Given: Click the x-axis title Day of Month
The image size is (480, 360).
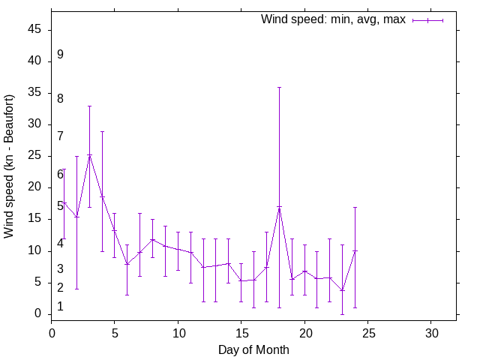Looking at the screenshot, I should [x=253, y=349].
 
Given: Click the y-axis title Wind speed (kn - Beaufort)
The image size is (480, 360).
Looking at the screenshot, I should [x=10, y=166].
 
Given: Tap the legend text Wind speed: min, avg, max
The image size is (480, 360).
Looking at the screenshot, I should [x=333, y=19].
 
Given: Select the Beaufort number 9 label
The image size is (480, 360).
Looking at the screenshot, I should [x=60, y=55].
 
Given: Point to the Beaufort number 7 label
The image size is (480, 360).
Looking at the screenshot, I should [x=60, y=136].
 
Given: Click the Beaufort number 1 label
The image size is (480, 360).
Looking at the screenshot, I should [x=60, y=307].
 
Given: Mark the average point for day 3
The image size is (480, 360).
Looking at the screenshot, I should [x=89, y=155].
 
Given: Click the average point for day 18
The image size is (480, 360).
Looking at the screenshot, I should [x=279, y=207].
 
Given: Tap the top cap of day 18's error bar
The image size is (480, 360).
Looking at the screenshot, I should [x=279, y=87].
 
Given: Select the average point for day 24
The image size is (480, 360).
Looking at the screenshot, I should [x=355, y=250].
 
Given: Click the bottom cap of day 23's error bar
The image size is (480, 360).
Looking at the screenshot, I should [x=342, y=313].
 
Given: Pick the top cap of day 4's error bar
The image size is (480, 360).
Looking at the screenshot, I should [x=102, y=131].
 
